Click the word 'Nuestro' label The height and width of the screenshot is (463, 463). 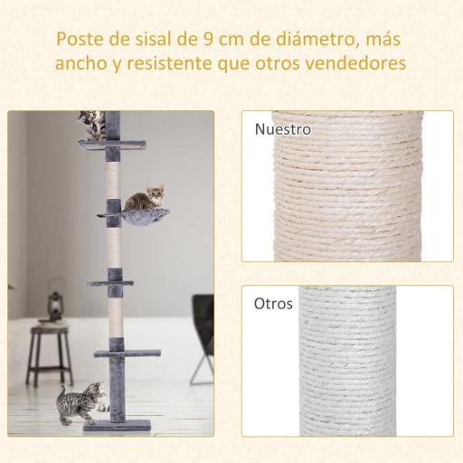(x=283, y=129)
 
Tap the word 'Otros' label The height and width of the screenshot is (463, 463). (x=274, y=304)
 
